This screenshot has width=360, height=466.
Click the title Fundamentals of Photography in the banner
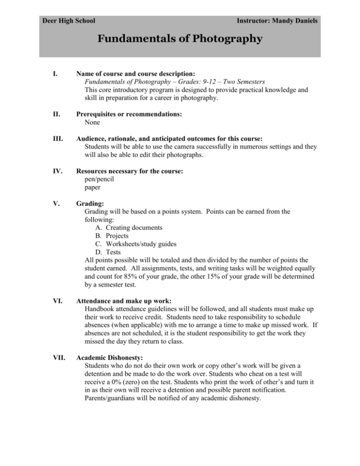point(180,39)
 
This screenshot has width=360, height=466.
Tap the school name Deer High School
point(69,21)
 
